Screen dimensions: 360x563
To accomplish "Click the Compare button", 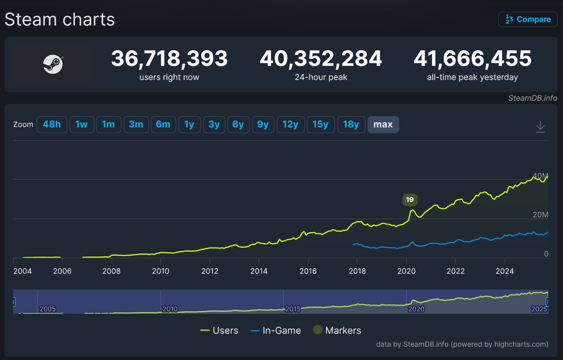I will pyautogui.click(x=528, y=19).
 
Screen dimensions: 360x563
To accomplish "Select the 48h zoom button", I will pyautogui.click(x=52, y=124).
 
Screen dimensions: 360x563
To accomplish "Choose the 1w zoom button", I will pyautogui.click(x=81, y=124).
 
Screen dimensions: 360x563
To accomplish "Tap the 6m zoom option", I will pyautogui.click(x=163, y=124).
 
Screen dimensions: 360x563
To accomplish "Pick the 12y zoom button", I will pyautogui.click(x=290, y=124).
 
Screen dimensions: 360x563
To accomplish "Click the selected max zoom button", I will pyautogui.click(x=383, y=124).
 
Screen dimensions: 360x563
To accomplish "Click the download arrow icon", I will pyautogui.click(x=540, y=127).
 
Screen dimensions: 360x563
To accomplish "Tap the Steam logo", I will pyautogui.click(x=53, y=64).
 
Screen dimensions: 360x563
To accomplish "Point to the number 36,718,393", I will pyautogui.click(x=169, y=59).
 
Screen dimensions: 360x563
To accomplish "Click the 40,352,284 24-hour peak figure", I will pyautogui.click(x=321, y=59).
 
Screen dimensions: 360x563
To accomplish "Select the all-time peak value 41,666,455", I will pyautogui.click(x=473, y=59).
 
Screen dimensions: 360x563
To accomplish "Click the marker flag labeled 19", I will pyautogui.click(x=409, y=199).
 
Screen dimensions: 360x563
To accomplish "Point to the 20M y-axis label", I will pyautogui.click(x=540, y=214).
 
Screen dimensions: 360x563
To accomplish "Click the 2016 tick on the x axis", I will pyautogui.click(x=308, y=271).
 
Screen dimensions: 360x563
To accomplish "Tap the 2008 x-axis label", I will pyautogui.click(x=111, y=271).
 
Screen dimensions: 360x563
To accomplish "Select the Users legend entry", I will pyautogui.click(x=220, y=330).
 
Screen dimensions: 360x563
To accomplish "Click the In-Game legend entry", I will pyautogui.click(x=276, y=330).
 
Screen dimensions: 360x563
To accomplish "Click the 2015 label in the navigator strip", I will pyautogui.click(x=293, y=309).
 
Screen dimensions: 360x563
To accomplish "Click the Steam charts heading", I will pyautogui.click(x=60, y=20).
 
